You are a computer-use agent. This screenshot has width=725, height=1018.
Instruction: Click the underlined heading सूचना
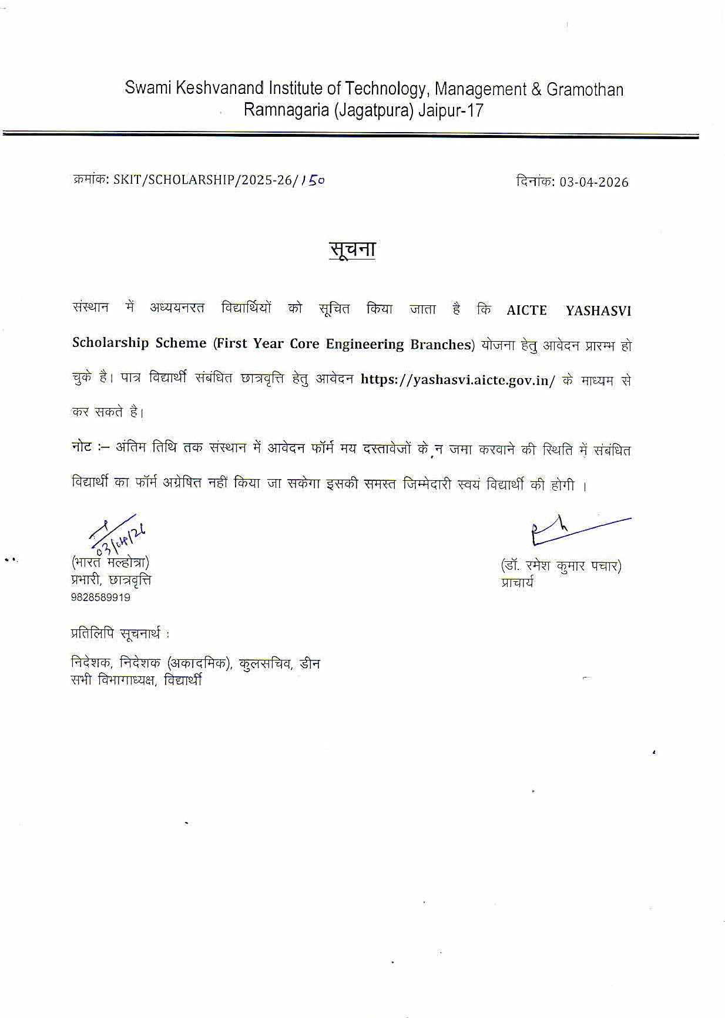click(352, 250)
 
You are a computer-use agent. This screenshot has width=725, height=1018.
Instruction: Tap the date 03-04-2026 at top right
click(593, 182)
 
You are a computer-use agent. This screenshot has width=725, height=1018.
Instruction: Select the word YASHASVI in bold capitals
click(598, 311)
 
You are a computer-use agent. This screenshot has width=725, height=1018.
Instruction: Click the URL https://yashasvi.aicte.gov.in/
click(458, 379)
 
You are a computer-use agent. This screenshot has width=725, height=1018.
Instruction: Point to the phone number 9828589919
click(100, 598)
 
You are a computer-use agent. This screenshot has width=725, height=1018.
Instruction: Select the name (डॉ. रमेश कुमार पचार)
click(561, 566)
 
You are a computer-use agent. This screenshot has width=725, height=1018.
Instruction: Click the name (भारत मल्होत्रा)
click(110, 562)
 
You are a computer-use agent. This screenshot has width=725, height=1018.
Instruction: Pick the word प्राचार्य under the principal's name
click(517, 583)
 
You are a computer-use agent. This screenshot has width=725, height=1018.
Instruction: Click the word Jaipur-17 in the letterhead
click(451, 110)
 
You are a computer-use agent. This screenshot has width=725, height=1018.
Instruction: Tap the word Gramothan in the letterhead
click(585, 89)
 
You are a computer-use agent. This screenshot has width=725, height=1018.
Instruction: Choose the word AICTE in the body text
click(526, 311)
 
